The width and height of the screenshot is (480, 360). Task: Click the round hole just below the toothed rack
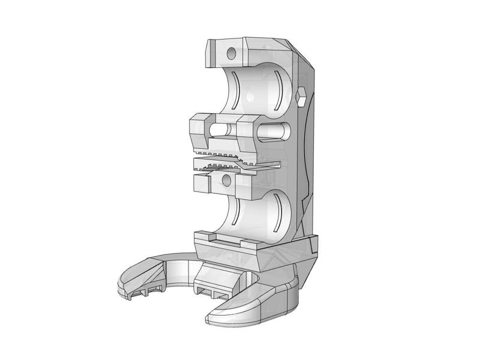click(226, 179)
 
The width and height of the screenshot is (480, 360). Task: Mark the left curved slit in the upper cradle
click(236, 89)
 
